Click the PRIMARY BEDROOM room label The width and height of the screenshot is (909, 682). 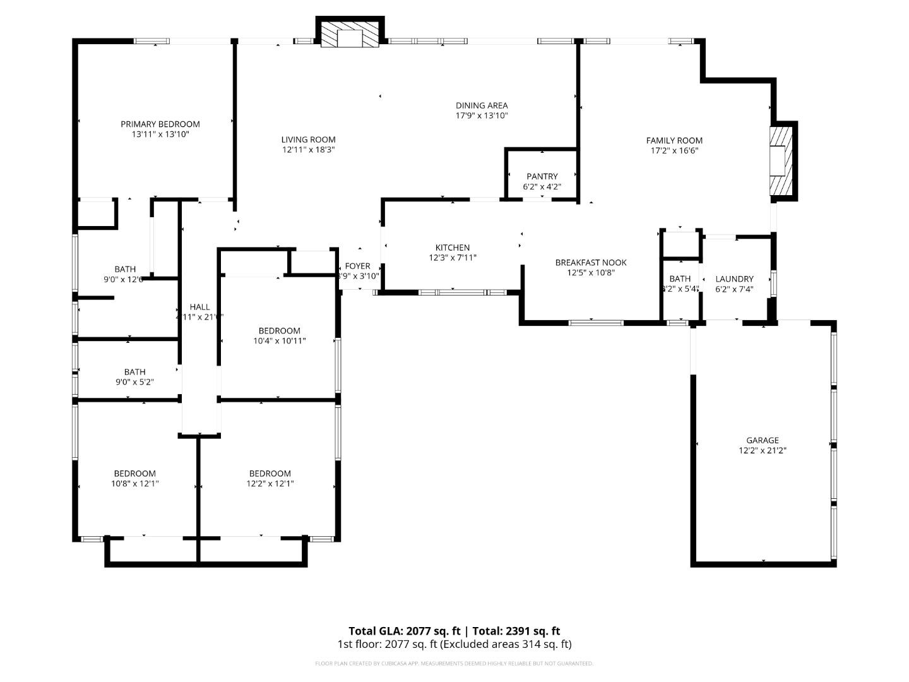pos(160,124)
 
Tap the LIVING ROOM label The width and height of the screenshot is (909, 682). pos(309,140)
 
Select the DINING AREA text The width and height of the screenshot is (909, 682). pos(482,105)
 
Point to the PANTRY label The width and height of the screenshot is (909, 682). pos(542,176)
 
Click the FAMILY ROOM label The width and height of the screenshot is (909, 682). pos(674,140)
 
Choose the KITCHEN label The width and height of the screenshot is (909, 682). pos(453,248)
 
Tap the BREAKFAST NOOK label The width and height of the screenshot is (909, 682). pos(591,262)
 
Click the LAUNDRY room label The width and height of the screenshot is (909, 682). pos(734,278)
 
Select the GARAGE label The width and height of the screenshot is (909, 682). pos(763,440)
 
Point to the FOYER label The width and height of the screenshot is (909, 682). pos(357,266)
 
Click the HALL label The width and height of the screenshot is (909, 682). pos(199,307)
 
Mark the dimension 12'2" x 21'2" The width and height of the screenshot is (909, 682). pos(763,451)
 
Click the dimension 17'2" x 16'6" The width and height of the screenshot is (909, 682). pos(674,151)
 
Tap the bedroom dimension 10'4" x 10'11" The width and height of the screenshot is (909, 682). pos(279,341)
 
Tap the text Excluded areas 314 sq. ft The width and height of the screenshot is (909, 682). pos(507,644)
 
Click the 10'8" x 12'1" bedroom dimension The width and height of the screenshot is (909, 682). pos(134,484)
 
